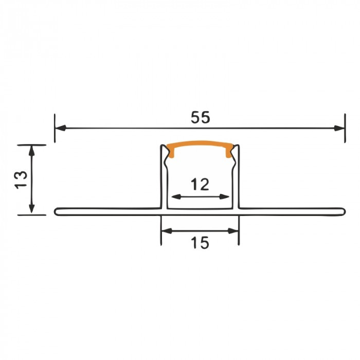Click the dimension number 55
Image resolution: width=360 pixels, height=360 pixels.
201,117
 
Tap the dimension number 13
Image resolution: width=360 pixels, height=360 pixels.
21,180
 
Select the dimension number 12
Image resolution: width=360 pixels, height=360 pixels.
200,184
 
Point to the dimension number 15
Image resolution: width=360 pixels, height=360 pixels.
200,243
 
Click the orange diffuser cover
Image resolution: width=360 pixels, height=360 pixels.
200,143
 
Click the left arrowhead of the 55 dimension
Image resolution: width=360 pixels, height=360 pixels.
61,128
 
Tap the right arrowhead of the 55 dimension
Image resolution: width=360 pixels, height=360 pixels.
339,128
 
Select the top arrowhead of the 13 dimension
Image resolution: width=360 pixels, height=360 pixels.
32,151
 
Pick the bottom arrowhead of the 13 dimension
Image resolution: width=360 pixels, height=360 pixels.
32,209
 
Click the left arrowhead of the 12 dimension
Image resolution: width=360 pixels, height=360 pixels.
176,196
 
